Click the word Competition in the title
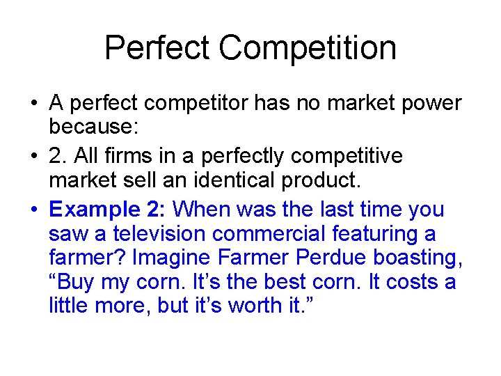click(x=308, y=49)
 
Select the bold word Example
click(x=90, y=210)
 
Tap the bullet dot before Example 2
click(x=33, y=210)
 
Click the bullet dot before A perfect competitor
click(x=33, y=104)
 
